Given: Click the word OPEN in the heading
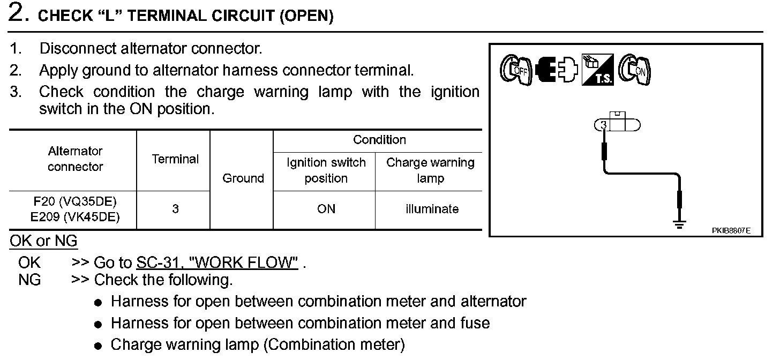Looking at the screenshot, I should pyautogui.click(x=306, y=17).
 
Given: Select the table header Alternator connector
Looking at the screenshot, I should pyautogui.click(x=74, y=159).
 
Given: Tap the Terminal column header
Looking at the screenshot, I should pyautogui.click(x=175, y=160).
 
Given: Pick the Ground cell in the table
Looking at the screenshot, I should pyautogui.click(x=243, y=178).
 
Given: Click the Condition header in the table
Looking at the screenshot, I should pyautogui.click(x=379, y=140).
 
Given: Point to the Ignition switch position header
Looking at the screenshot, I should pyautogui.click(x=326, y=170).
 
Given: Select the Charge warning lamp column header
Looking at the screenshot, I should pyautogui.click(x=430, y=170).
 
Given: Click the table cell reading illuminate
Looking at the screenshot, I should pyautogui.click(x=432, y=209).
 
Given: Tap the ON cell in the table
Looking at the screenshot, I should pyautogui.click(x=326, y=209).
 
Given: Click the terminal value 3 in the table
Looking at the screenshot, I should pyautogui.click(x=175, y=209).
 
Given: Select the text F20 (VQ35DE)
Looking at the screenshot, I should pyautogui.click(x=75, y=202).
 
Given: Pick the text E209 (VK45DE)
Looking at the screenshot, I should pyautogui.click(x=75, y=217).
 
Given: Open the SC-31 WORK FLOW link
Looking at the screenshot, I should pyautogui.click(x=217, y=263).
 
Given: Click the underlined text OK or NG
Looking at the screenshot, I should pyautogui.click(x=43, y=242).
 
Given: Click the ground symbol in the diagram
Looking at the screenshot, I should pyautogui.click(x=680, y=224).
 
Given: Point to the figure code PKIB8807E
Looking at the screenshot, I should pyautogui.click(x=731, y=231).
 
